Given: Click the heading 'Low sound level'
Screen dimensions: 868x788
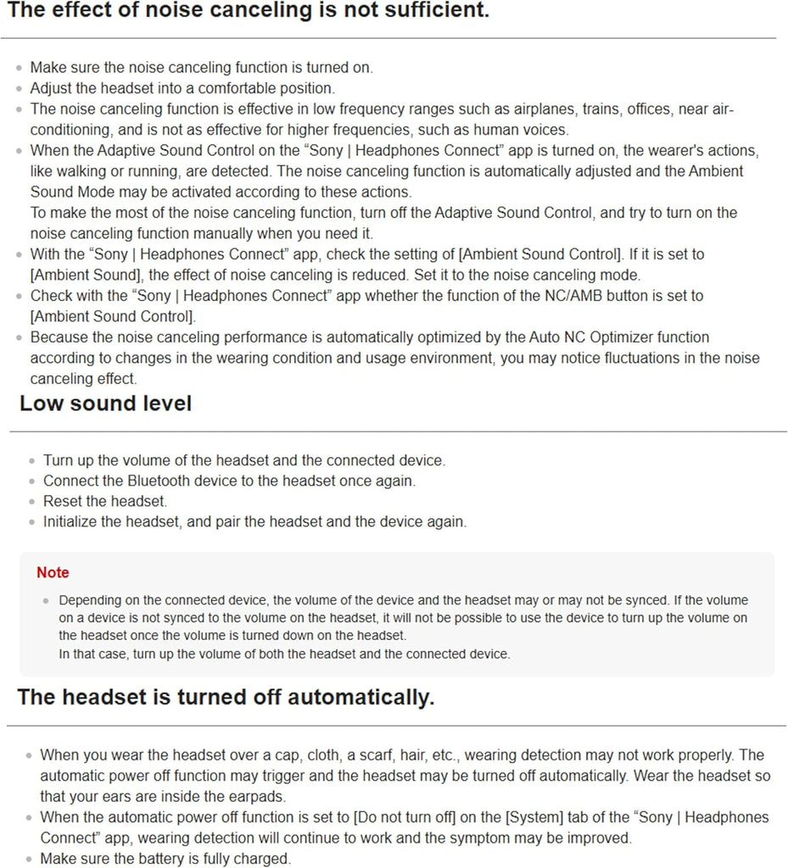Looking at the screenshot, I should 106,403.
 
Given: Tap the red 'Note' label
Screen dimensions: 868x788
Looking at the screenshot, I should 53,573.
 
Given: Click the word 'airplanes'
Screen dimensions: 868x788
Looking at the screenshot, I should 496,109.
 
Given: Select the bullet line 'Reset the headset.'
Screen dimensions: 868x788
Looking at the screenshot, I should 105,501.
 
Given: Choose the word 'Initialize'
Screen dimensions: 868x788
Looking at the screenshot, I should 70,521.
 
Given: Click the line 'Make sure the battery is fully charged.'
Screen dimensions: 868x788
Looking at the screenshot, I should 165,859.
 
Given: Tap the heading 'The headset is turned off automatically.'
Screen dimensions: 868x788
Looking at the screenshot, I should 226,698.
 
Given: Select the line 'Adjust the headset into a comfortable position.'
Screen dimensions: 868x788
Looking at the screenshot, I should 182,88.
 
